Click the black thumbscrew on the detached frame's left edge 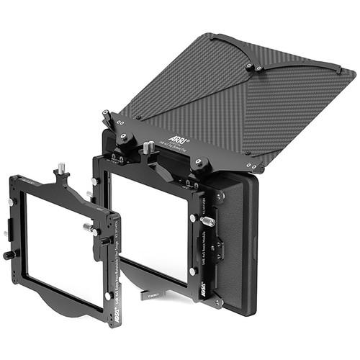(9, 255)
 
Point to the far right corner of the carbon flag (353, 74)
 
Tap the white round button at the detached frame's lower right (107, 295)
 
